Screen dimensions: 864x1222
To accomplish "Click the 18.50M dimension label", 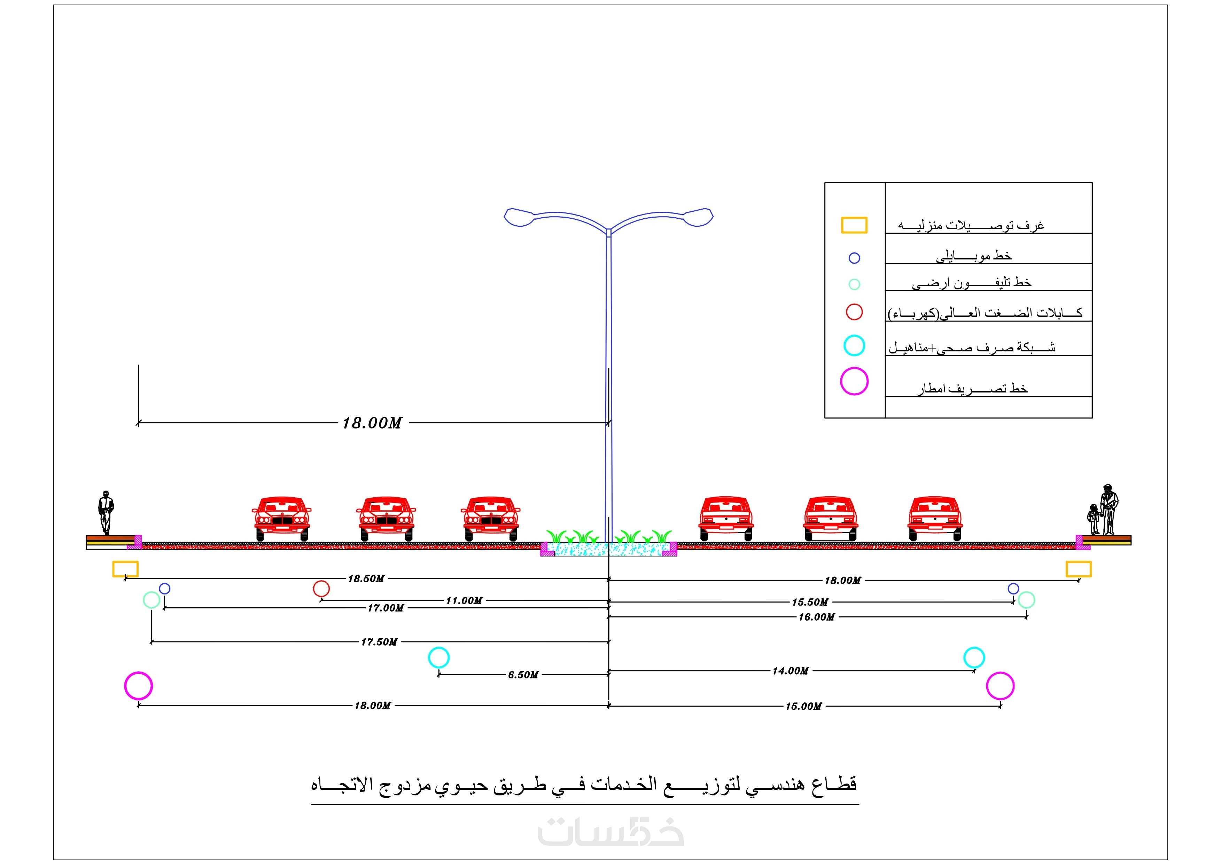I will point(366,579).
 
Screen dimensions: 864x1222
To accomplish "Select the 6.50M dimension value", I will point(523,675).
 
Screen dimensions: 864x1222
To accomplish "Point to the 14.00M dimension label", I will point(791,671).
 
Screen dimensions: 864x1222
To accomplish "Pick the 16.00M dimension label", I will point(816,617).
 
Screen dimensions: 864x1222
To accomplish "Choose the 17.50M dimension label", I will point(379,642).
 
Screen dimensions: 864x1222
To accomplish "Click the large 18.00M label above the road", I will point(372,423).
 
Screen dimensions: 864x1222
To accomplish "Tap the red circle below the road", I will point(321,589).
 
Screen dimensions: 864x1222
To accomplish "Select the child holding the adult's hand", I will point(1094,519).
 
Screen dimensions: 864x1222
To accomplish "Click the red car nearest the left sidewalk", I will point(281,518).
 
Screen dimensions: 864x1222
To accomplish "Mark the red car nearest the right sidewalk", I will point(935,518).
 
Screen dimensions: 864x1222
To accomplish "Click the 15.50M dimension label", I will point(810,602).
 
